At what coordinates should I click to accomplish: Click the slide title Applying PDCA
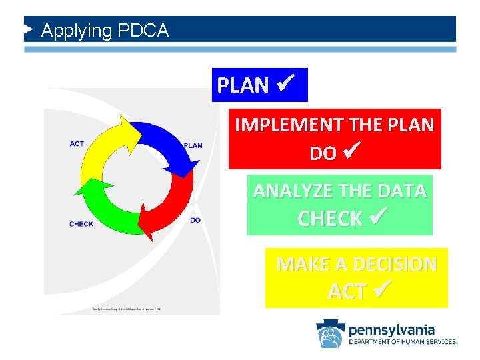(x=105, y=31)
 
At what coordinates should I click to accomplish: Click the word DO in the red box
(x=323, y=153)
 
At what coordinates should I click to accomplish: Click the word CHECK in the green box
(x=330, y=219)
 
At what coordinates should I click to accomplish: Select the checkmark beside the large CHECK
(x=375, y=217)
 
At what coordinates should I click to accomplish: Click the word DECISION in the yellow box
(x=395, y=265)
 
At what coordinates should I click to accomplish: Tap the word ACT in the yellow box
(x=346, y=291)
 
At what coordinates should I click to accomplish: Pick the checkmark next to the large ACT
(x=381, y=290)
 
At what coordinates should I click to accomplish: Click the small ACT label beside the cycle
(x=77, y=143)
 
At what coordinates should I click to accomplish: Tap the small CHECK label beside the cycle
(x=81, y=224)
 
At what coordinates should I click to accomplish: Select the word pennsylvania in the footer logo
(x=391, y=329)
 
